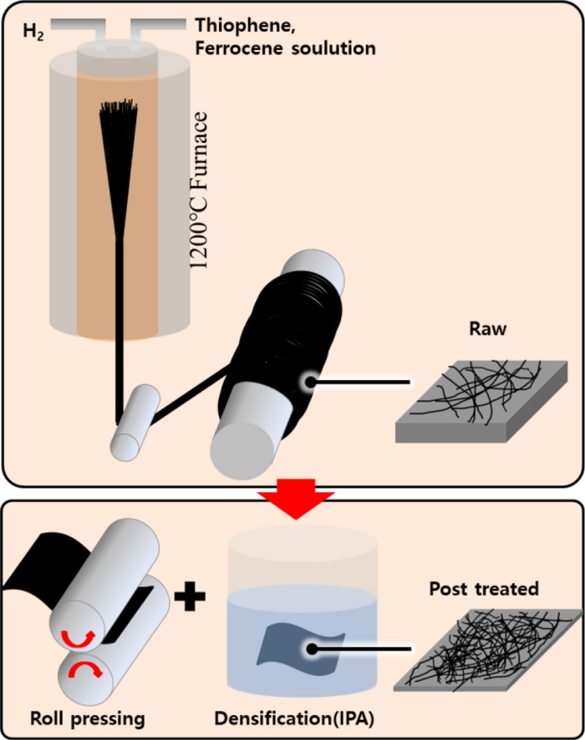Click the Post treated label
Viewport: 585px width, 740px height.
[484, 589]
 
